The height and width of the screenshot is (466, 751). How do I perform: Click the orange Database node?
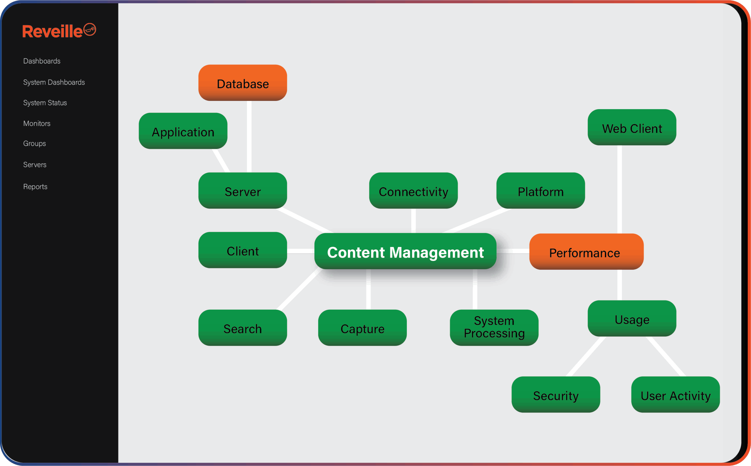coord(243,83)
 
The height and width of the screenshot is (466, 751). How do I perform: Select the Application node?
coord(183,131)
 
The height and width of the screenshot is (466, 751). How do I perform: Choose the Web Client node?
coord(632,128)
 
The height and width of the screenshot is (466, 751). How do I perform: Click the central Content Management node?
coord(405,252)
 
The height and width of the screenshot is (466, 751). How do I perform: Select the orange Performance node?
coord(586,252)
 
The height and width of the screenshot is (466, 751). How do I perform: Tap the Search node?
coord(243,328)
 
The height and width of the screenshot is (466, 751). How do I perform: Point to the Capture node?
coord(362,328)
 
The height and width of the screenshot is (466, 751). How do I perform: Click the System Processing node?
coord(494,328)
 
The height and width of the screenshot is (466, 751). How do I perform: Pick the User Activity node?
coord(675,395)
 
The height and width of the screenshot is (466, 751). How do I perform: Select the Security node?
coord(556,395)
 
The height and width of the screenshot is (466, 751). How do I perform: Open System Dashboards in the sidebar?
coord(54,82)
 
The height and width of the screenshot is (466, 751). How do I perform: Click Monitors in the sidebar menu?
coord(37,123)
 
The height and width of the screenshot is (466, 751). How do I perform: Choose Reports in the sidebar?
coord(35,187)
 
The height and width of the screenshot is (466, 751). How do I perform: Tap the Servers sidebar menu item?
coord(35,165)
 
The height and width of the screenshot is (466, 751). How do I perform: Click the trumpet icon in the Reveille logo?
coord(90,30)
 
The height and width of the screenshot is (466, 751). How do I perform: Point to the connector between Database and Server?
coord(249,137)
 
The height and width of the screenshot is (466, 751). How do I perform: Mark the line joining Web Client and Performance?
coord(619,189)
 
